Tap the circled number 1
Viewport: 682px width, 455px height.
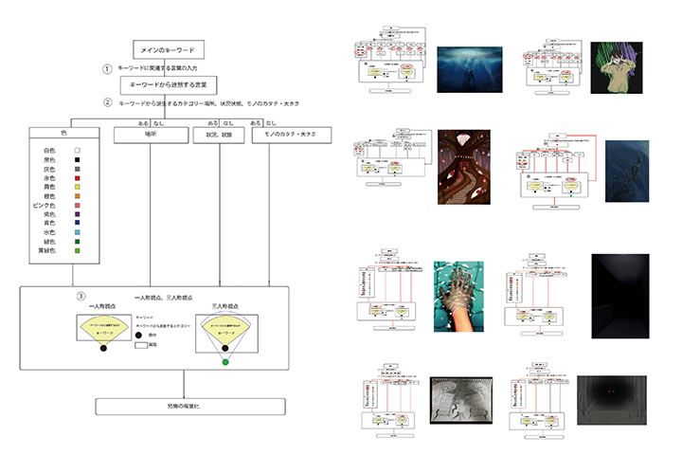click(x=108, y=68)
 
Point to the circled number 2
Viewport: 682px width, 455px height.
click(x=108, y=102)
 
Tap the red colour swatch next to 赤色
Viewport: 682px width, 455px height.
click(x=80, y=177)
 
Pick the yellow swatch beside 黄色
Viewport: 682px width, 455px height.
click(x=80, y=189)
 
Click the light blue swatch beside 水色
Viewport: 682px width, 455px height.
click(x=80, y=232)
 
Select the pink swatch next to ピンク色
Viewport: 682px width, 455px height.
click(x=80, y=210)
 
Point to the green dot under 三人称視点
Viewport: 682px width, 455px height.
click(x=225, y=361)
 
